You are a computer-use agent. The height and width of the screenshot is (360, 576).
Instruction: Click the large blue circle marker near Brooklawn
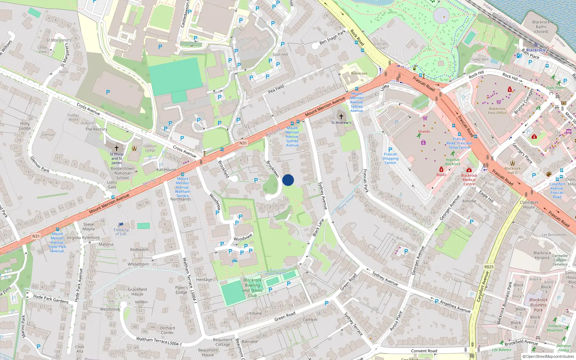pos(288,180)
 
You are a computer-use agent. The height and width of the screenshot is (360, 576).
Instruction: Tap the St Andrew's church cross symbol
pos(341,117)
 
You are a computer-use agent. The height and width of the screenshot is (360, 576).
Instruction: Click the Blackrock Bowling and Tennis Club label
pos(252,288)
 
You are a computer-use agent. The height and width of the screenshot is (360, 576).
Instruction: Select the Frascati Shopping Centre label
pos(390,158)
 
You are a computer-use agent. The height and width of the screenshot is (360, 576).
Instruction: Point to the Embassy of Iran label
pos(121,232)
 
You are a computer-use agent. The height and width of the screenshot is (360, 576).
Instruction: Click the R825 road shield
pos(489,267)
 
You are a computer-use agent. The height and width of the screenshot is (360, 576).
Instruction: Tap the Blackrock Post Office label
pos(497,111)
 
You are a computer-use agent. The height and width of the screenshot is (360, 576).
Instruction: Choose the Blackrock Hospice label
pos(542,255)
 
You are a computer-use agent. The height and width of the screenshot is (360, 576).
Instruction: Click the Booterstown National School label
pos(122,173)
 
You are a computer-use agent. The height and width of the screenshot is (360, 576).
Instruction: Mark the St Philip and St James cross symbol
pos(116,148)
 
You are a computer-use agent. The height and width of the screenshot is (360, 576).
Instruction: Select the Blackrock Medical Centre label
pos(469,180)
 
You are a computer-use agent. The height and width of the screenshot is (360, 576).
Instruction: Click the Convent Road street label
pos(424,351)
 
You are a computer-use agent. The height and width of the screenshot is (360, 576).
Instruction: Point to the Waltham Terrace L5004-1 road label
pos(159,341)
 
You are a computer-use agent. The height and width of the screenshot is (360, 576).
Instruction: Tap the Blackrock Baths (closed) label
pos(541,27)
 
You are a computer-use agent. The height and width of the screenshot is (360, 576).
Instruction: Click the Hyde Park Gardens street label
pos(51,299)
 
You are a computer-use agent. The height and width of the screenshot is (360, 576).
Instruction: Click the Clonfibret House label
pos(529,204)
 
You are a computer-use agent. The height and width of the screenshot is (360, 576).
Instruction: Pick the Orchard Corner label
pos(167,330)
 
